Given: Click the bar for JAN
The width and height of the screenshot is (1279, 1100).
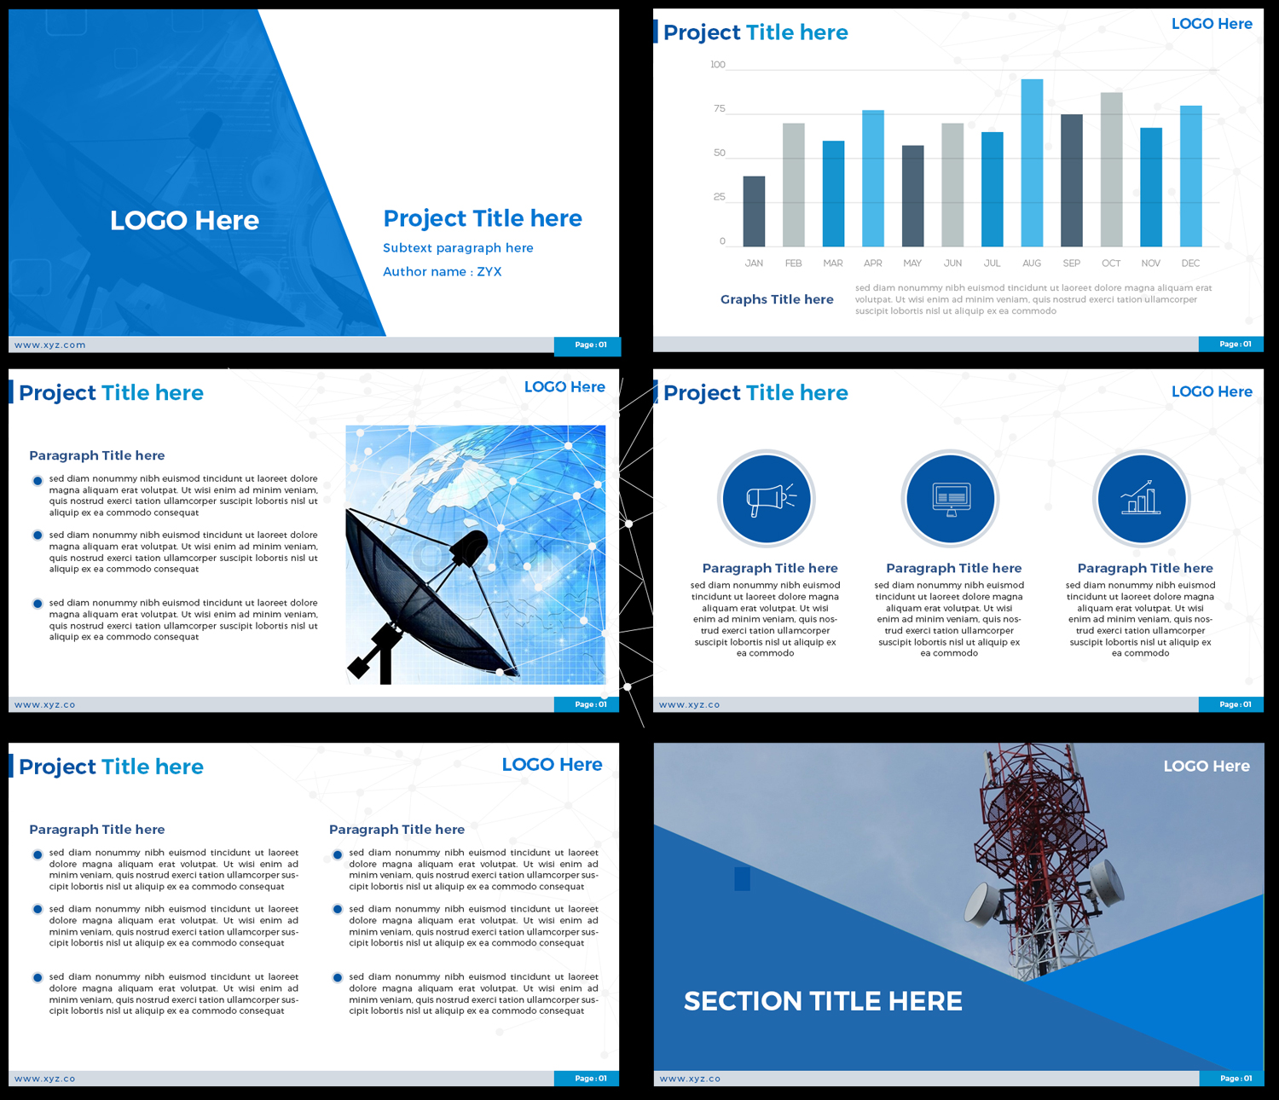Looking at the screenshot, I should point(754,211).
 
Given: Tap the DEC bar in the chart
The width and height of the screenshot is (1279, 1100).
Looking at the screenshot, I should point(1190,176).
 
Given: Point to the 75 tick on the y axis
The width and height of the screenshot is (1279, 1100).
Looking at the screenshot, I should point(720,108).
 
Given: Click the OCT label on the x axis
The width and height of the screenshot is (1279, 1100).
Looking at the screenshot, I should point(1111,263).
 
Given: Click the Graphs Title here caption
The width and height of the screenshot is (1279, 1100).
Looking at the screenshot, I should point(777,299).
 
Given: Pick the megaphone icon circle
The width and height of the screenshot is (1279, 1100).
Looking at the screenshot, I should point(766,498).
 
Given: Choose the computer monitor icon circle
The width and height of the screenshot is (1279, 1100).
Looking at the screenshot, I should point(950,498).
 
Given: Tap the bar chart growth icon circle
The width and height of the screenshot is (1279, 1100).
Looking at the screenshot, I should point(1141,498).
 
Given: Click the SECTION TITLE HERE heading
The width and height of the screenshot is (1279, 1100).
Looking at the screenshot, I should point(823,1001).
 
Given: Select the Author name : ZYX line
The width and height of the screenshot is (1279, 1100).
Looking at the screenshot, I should point(442,272).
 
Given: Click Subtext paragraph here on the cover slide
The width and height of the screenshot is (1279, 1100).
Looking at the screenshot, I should point(458,248).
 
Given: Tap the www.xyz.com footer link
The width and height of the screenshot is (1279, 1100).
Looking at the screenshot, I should point(50,345).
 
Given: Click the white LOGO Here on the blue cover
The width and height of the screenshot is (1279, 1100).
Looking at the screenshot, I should point(184,221).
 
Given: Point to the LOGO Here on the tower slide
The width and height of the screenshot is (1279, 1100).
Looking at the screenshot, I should point(1207,767).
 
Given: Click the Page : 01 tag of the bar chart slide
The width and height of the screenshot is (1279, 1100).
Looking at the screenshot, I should point(1235,344).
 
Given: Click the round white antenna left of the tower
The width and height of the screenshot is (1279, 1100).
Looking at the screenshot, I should point(983,903).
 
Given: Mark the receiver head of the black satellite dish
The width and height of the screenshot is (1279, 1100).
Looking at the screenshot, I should point(468,547).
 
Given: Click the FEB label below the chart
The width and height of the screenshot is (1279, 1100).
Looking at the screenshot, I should point(793,263).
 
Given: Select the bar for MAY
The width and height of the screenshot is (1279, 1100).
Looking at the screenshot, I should point(912,196).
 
